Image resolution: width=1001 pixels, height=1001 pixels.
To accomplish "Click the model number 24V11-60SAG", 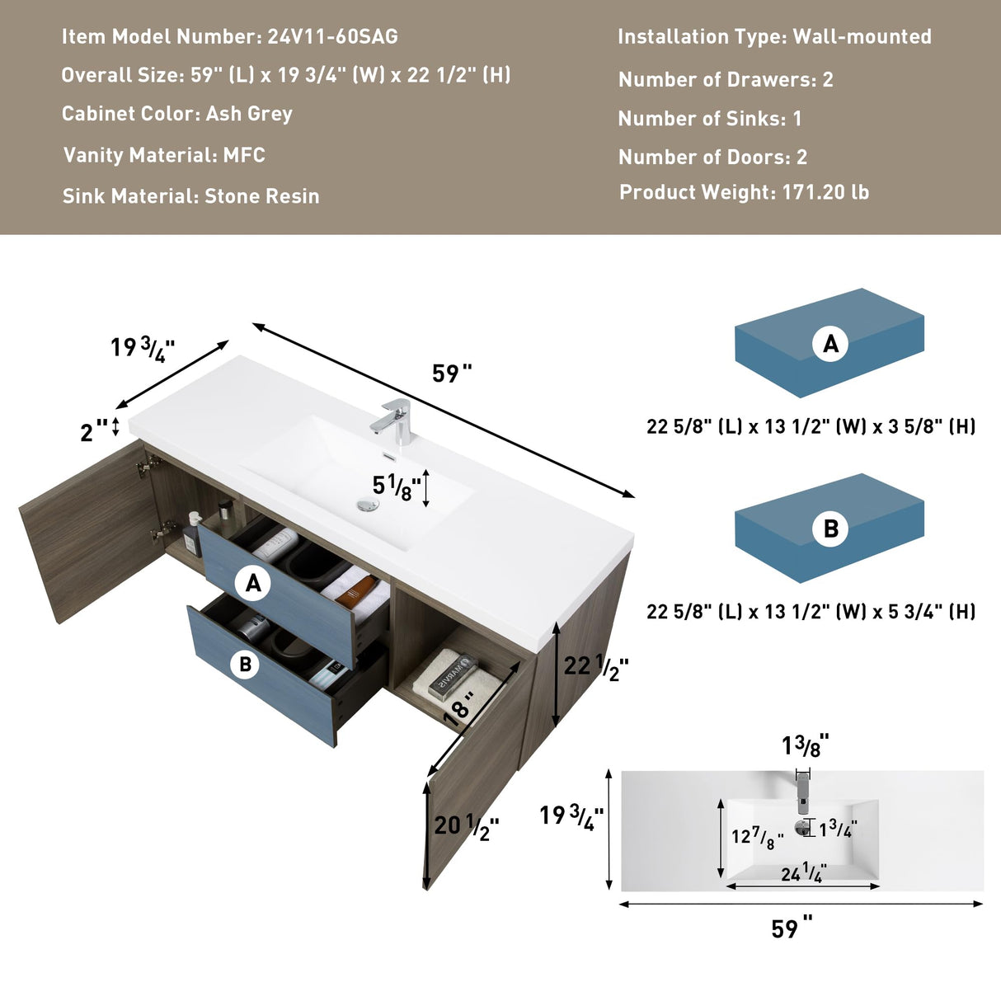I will tap(332, 37).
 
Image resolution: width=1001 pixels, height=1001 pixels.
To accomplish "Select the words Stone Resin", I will tap(261, 196).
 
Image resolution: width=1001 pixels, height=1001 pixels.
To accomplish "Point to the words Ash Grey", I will tap(249, 114).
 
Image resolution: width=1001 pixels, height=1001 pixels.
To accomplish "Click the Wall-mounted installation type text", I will tap(862, 37).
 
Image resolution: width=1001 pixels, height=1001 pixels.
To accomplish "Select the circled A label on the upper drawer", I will tap(253, 583).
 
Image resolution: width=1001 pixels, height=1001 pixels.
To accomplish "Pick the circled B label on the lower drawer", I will tap(245, 664).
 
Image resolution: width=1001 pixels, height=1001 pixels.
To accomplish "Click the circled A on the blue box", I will tap(830, 343).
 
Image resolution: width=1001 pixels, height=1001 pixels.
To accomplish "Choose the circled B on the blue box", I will tap(830, 528).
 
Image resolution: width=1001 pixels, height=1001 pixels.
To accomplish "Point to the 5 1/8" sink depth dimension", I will tap(397, 487).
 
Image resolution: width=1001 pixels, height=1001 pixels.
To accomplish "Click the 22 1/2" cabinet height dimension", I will tap(595, 666).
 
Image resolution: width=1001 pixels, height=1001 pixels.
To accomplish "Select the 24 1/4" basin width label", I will tap(803, 872).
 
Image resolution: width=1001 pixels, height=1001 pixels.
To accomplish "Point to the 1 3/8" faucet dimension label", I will tap(805, 746).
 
